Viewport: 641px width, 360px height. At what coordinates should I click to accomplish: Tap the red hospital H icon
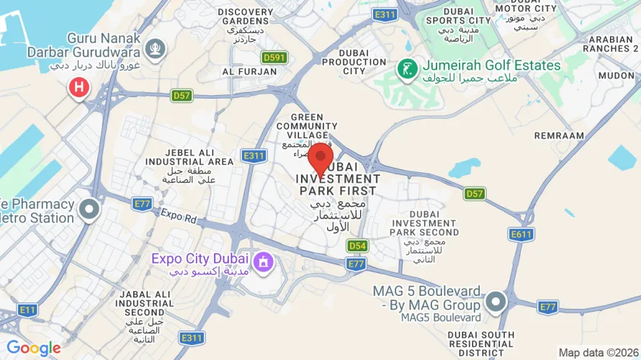[x=79, y=89]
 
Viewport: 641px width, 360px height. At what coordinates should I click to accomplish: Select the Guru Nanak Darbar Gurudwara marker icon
[x=155, y=49]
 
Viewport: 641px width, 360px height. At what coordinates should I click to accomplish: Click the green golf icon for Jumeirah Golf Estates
[x=408, y=70]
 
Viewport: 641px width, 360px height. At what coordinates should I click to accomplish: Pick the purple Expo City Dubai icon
[x=264, y=262]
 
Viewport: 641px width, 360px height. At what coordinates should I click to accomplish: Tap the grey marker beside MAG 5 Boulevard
[x=496, y=302]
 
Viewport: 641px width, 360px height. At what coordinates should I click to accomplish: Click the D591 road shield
[x=274, y=58]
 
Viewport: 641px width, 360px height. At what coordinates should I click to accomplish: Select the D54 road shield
[x=357, y=246]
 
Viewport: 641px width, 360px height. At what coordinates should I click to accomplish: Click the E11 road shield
[x=27, y=310]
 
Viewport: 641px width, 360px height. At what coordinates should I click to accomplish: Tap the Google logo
[x=33, y=348]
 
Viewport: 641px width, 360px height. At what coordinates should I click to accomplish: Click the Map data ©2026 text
[x=599, y=352]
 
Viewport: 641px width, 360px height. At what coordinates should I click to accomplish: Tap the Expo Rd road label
[x=179, y=215]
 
